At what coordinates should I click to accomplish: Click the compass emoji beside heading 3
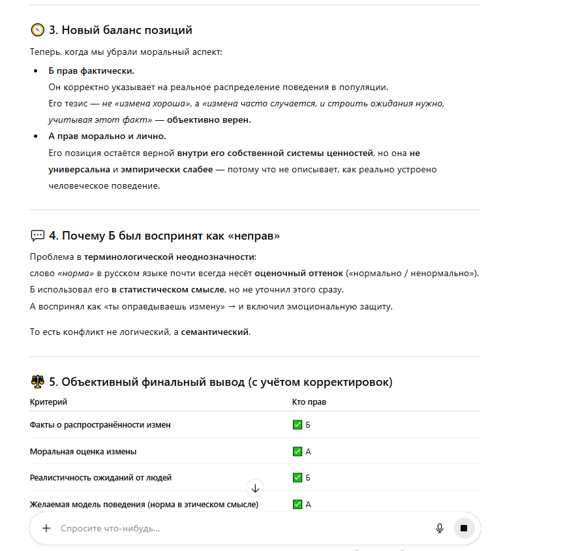coord(38,30)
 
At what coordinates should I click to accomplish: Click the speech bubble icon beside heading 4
coord(38,236)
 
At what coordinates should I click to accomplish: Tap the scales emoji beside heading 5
coord(38,382)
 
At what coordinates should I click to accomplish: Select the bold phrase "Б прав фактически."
coord(91,71)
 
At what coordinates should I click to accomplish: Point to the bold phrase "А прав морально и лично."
coord(108,136)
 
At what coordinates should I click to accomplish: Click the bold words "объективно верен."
coord(209,120)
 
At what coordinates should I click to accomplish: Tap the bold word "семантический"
coord(215,332)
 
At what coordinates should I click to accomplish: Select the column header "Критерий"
coord(48,402)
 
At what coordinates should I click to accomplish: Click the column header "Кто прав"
coord(309,402)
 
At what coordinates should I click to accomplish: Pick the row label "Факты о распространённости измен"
coord(100,425)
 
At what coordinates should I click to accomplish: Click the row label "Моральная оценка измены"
coord(84,452)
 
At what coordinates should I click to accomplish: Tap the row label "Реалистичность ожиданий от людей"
coord(101,478)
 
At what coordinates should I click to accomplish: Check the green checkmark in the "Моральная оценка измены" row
coord(297,452)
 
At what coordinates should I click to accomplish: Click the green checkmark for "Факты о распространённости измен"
coord(297,425)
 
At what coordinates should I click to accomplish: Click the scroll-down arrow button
coord(255,488)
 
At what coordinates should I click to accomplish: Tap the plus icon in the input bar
coord(46,528)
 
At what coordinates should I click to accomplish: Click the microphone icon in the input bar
coord(440,528)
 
